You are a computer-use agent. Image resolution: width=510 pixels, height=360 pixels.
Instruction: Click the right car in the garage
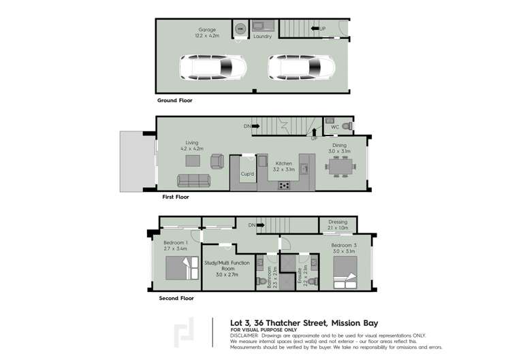click(x=302, y=67)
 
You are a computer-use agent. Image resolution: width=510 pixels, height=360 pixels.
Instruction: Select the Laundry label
click(x=262, y=37)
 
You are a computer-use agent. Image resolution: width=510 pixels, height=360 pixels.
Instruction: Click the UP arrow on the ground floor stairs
click(x=318, y=29)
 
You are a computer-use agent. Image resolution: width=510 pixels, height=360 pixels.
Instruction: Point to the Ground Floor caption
click(x=175, y=100)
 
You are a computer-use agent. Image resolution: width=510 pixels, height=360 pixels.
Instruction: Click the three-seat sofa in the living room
click(x=194, y=180)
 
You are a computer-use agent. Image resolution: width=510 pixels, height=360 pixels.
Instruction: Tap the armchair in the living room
click(x=217, y=161)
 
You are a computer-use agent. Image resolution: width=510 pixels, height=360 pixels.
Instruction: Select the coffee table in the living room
click(x=193, y=161)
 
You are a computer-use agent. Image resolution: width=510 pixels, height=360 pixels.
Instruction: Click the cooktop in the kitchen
click(x=284, y=185)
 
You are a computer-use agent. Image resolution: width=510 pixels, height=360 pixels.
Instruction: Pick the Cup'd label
click(x=247, y=174)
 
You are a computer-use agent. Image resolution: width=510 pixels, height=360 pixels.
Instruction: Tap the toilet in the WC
click(x=347, y=127)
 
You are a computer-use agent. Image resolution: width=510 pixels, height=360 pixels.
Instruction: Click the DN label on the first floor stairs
click(x=247, y=126)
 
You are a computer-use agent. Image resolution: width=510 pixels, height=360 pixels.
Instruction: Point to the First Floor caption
click(x=175, y=197)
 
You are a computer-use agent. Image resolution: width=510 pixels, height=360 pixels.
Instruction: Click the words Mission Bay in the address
click(x=353, y=323)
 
